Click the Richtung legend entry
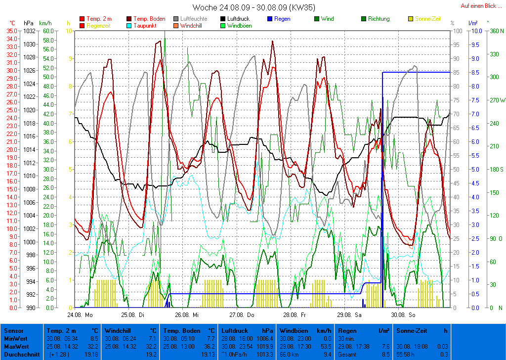coord(379,19)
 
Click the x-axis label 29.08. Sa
coord(349,314)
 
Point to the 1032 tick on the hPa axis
coord(29,31)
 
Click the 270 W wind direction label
coord(496,100)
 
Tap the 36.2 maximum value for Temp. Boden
coord(209,346)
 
